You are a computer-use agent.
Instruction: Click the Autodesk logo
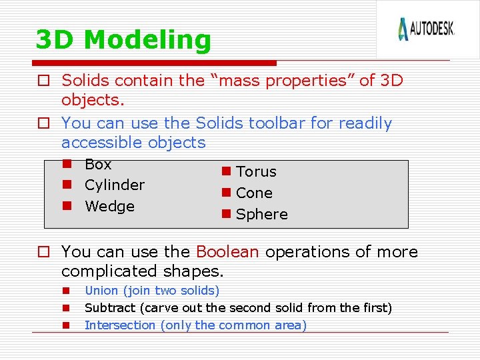click(x=426, y=29)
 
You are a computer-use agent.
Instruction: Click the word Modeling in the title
click(x=147, y=41)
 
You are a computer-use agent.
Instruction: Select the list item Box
click(x=98, y=165)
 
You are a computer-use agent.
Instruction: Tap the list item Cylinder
click(x=114, y=185)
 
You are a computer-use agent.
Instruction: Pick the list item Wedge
click(x=109, y=207)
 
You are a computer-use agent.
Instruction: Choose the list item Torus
click(x=256, y=172)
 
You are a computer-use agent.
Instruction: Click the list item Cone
click(x=254, y=193)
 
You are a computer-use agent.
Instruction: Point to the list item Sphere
click(x=261, y=215)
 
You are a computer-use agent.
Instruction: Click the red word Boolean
click(x=227, y=252)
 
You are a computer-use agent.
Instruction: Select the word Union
click(x=101, y=291)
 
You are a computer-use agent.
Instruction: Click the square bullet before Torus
click(x=227, y=171)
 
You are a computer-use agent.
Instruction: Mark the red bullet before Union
click(x=67, y=291)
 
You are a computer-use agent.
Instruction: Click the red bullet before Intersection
click(x=67, y=326)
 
